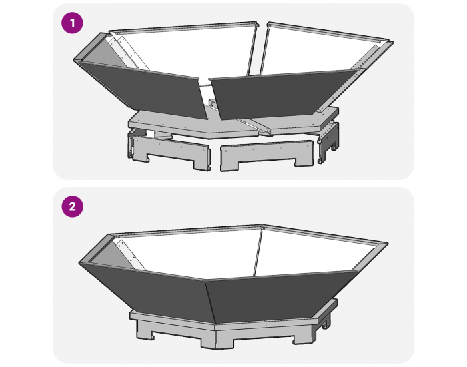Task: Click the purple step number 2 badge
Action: tap(72, 206)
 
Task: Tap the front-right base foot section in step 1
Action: tap(264, 153)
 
